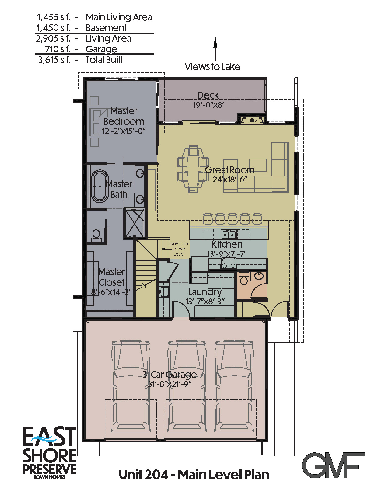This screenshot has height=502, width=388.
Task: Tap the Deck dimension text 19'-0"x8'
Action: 208,105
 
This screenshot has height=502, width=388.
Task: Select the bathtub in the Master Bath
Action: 100,186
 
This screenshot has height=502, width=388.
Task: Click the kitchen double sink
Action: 229,235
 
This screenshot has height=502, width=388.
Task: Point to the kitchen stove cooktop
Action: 229,263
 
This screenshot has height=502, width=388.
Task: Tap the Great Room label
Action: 230,170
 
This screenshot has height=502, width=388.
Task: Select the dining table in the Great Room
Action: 193,169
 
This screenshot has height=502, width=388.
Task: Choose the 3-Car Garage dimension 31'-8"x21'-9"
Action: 170,384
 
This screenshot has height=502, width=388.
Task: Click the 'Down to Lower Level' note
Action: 179,249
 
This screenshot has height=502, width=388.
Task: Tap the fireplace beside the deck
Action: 252,120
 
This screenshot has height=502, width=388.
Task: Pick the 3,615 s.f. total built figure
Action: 54,60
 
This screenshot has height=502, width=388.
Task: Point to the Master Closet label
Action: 112,277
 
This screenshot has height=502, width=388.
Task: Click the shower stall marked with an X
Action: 134,223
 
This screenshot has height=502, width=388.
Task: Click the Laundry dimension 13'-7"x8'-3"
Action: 205,302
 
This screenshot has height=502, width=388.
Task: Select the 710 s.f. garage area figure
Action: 58,49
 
